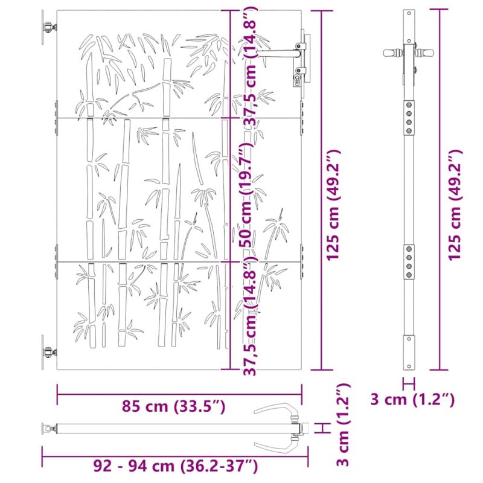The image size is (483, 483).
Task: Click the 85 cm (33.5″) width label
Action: [173, 406]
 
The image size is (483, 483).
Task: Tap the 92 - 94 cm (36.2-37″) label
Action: [176, 466]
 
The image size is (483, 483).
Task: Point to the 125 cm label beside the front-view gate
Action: [334, 205]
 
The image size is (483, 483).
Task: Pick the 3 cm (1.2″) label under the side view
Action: [412, 400]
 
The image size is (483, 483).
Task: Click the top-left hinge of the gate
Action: [48, 27]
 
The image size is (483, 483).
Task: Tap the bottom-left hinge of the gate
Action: [48, 352]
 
